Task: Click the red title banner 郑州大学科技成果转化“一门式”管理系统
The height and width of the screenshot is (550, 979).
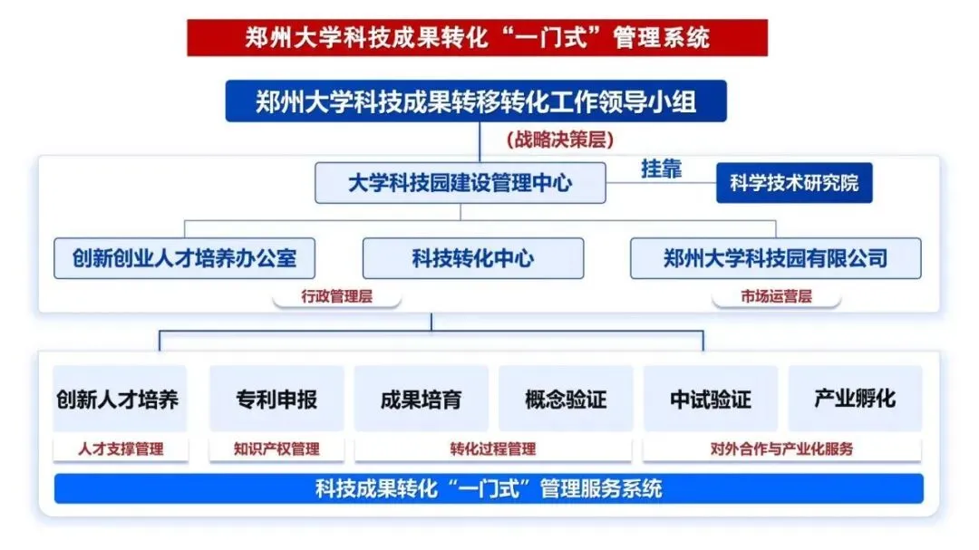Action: pyautogui.click(x=477, y=37)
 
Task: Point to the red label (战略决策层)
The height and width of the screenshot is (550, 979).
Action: pyautogui.click(x=559, y=140)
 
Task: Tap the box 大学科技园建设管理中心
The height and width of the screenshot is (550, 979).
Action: pyautogui.click(x=460, y=183)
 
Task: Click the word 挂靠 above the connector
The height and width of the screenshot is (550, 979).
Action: pyautogui.click(x=661, y=169)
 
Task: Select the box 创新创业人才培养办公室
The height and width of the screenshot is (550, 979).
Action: pyautogui.click(x=184, y=258)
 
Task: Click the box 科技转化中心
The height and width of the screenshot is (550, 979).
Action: pyautogui.click(x=472, y=258)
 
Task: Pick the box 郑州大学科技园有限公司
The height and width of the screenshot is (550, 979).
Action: pyautogui.click(x=775, y=258)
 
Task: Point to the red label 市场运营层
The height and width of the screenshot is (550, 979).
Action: pyautogui.click(x=776, y=295)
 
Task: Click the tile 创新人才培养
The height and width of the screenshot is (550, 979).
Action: pyautogui.click(x=119, y=399)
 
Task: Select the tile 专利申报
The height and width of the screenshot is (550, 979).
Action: pyautogui.click(x=276, y=399)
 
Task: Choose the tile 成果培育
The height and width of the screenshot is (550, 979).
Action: pyautogui.click(x=421, y=399)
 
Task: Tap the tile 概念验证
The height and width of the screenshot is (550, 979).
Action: pyautogui.click(x=566, y=399)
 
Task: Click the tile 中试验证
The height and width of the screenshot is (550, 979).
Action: pyautogui.click(x=711, y=399)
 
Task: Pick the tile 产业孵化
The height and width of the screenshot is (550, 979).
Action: pyautogui.click(x=855, y=399)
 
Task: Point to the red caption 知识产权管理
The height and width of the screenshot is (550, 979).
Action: pyautogui.click(x=276, y=449)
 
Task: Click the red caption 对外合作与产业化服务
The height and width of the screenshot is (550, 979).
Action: pyautogui.click(x=781, y=449)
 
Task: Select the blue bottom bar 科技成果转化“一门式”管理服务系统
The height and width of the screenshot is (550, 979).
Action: pyautogui.click(x=489, y=489)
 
